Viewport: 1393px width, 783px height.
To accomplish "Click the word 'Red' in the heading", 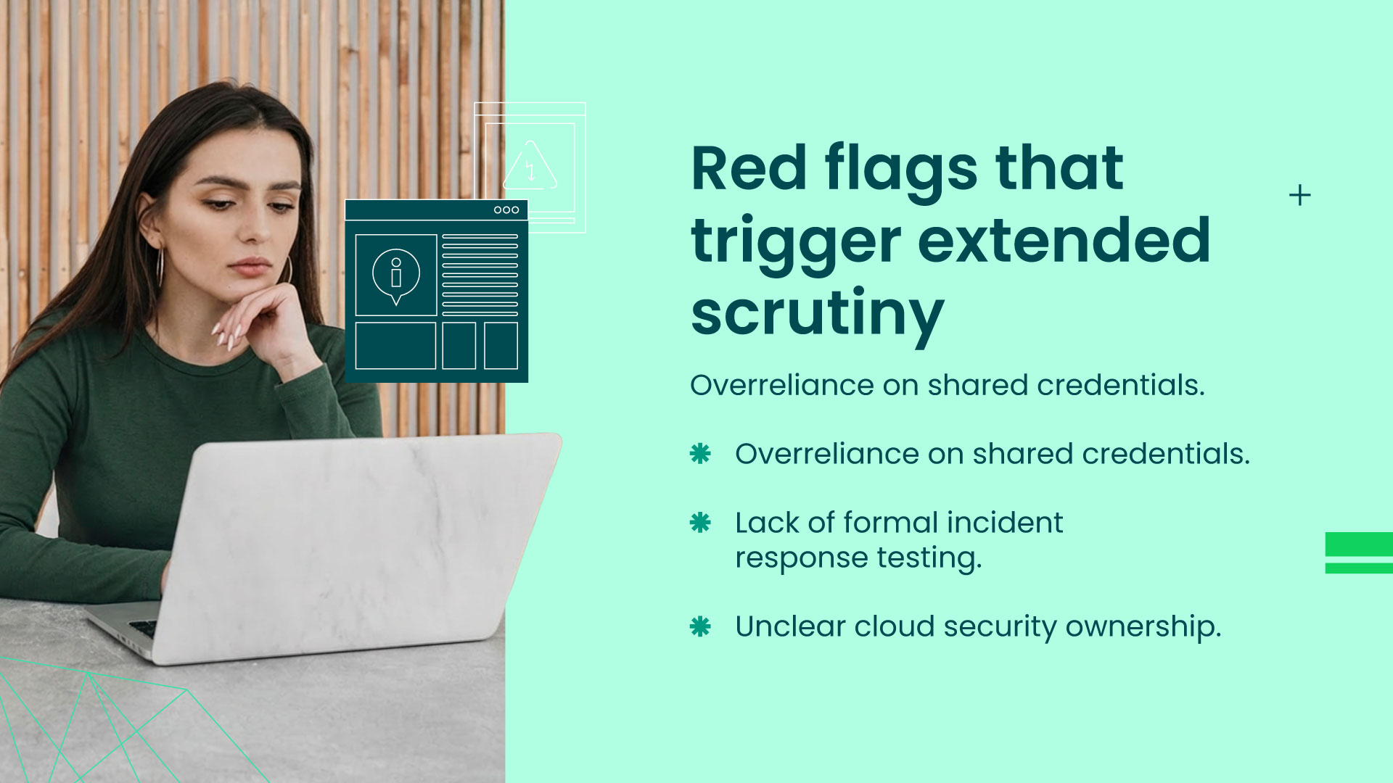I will [748, 168].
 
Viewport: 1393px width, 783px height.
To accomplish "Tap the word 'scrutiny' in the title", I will [817, 313].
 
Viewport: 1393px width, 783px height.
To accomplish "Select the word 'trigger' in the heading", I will [795, 241].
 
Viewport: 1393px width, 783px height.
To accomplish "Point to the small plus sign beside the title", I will [1299, 195].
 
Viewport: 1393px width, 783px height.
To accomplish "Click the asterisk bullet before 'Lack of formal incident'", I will [700, 523].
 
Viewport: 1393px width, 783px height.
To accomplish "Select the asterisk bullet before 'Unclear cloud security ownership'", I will [700, 626].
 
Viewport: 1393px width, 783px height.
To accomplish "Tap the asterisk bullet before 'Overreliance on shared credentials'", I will [700, 454].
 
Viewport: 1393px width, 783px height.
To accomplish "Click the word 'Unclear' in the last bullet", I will [789, 626].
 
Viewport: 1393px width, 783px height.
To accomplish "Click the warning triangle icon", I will [530, 167].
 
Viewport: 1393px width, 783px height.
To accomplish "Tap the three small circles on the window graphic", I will [506, 210].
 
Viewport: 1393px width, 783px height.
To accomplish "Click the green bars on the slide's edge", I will [1358, 552].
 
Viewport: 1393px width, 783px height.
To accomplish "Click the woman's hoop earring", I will [160, 267].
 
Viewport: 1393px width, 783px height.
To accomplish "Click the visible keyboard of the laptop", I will [143, 627].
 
